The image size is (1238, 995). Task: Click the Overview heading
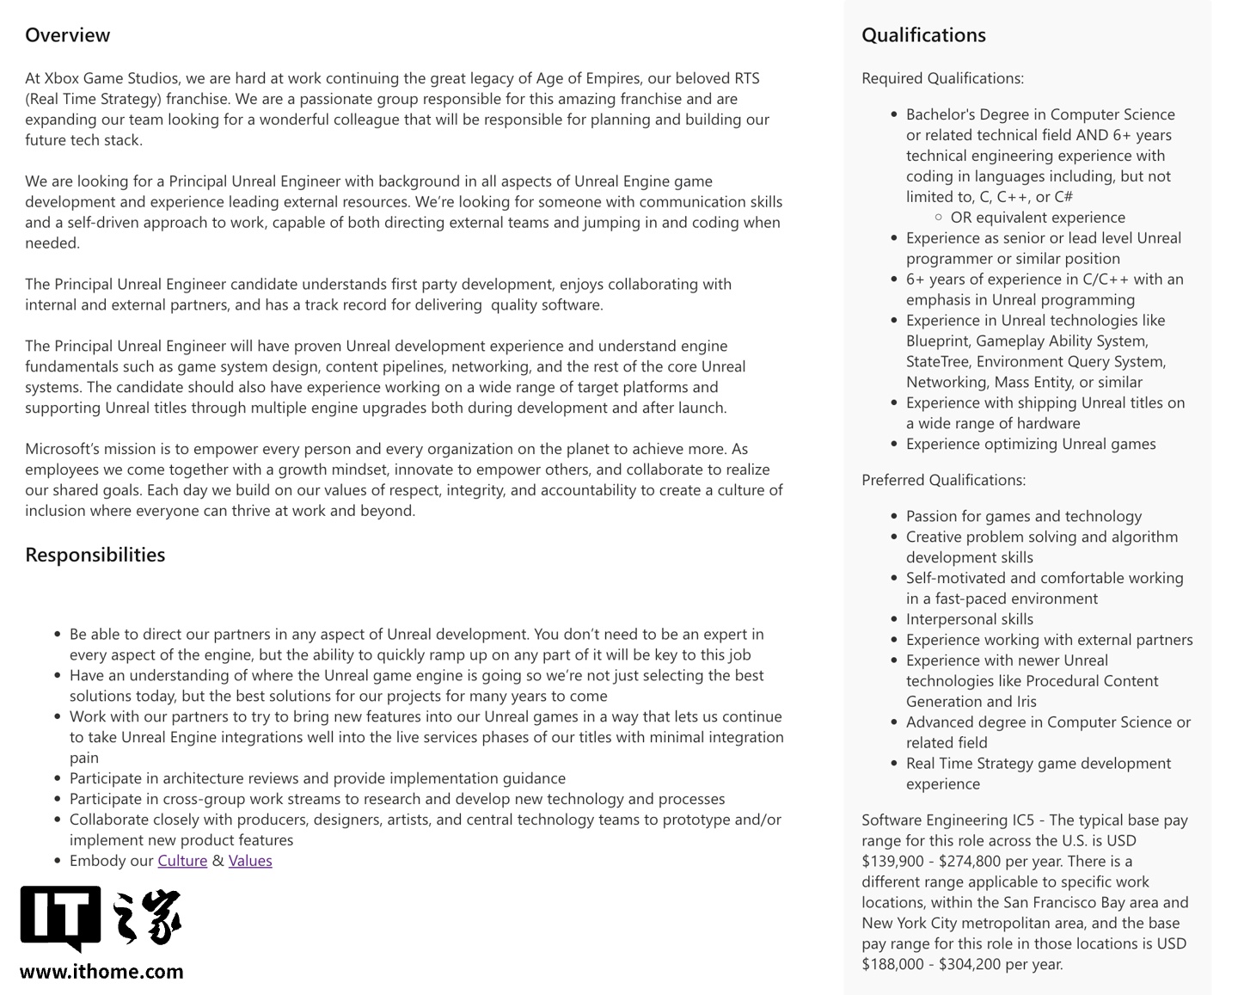[67, 35]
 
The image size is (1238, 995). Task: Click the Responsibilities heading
[95, 555]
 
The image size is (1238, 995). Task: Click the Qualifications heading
[923, 35]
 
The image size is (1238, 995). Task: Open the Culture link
[182, 861]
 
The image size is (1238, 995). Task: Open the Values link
[250, 861]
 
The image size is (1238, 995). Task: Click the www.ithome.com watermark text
[101, 972]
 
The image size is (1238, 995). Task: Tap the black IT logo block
[59, 917]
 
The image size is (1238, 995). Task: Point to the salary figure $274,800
[973, 861]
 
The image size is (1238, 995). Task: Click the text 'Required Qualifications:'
[942, 78]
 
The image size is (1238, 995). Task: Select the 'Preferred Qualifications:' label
[943, 480]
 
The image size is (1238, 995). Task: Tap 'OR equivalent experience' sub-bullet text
[1038, 218]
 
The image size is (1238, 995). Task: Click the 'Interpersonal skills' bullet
[970, 619]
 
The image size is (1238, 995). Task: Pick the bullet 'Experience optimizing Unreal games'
[1031, 444]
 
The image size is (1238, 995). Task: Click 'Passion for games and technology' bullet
[1024, 516]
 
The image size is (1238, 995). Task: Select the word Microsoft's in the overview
[63, 449]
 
